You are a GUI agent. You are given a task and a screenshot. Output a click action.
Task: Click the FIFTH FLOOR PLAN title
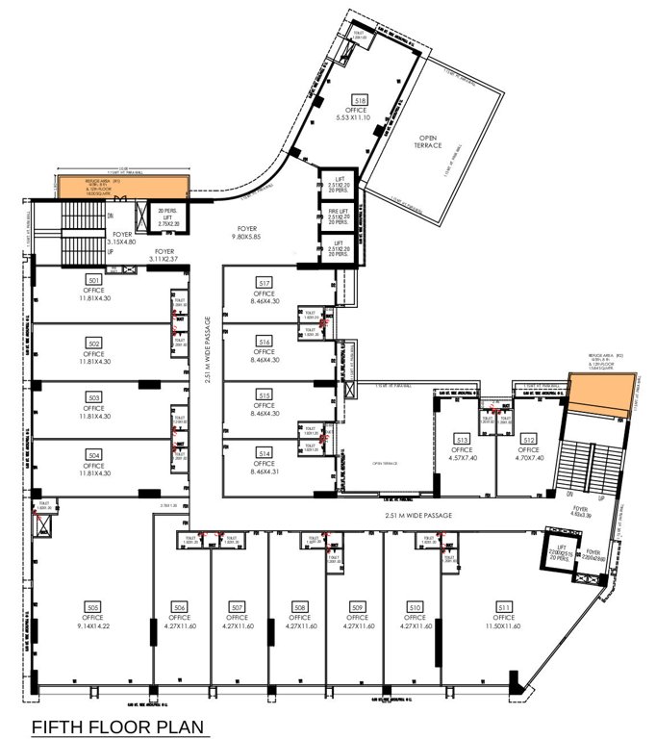(119, 726)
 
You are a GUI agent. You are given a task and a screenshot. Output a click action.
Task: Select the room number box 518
(361, 99)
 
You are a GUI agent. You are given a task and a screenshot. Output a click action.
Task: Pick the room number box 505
(94, 607)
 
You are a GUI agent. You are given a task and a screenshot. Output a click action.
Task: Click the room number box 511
(504, 607)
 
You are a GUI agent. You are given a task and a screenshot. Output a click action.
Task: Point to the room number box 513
(462, 441)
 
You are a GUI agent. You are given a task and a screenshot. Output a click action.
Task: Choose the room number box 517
(265, 282)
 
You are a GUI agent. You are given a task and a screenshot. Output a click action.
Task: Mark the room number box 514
(265, 451)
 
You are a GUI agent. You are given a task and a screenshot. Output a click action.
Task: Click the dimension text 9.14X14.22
(94, 625)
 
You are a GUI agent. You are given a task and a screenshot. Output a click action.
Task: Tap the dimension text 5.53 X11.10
(361, 117)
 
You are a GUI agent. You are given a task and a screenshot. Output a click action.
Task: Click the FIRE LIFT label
(339, 212)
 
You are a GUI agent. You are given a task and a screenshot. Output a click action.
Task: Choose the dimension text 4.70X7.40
(528, 458)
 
